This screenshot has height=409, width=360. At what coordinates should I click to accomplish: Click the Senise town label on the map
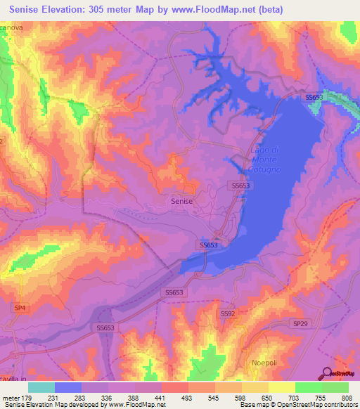pos(181,200)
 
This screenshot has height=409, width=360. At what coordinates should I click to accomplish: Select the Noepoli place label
pos(266,363)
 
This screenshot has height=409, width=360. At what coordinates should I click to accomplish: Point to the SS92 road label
pos(227,313)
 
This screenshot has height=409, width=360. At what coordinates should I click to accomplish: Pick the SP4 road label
pos(21,308)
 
